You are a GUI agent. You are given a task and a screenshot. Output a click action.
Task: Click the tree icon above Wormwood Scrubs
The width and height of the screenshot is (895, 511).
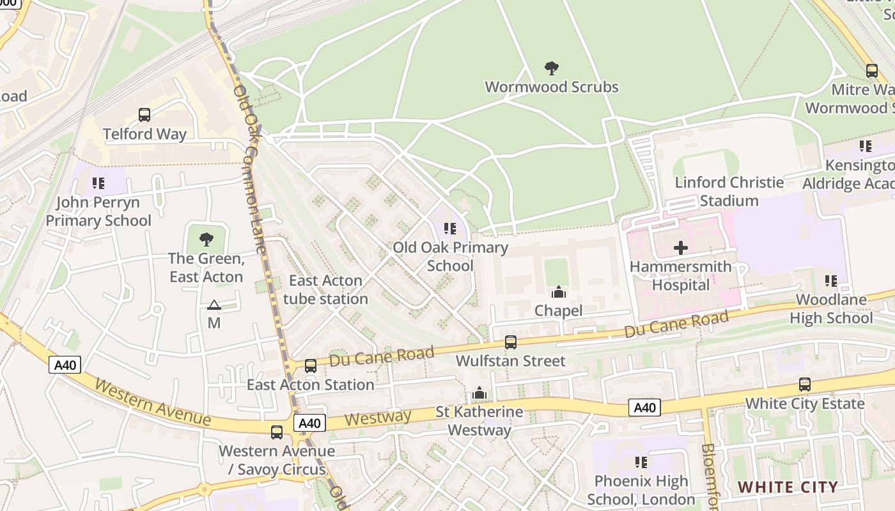[x=551, y=68]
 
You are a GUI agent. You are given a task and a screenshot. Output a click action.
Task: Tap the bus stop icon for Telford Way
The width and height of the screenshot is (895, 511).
[x=144, y=115]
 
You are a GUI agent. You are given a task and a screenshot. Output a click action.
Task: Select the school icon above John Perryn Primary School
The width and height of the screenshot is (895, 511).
[x=98, y=183]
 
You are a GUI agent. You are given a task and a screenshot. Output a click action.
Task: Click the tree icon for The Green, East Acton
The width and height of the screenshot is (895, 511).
[x=206, y=240]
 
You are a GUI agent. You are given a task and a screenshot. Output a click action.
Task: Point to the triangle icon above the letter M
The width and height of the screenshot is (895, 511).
[x=214, y=305]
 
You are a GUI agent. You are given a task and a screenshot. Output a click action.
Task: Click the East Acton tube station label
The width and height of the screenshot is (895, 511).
[x=325, y=289]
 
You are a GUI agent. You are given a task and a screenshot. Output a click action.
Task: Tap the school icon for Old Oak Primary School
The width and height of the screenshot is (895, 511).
[x=450, y=228]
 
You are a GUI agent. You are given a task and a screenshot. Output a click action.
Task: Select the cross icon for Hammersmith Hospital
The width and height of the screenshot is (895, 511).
[x=681, y=247]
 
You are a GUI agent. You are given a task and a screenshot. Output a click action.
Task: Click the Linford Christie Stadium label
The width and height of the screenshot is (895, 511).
[x=729, y=192]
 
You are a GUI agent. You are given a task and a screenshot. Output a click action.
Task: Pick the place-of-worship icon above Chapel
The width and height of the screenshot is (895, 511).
[x=559, y=292]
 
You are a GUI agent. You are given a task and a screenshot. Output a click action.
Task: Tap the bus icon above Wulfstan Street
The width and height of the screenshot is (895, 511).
[x=510, y=342]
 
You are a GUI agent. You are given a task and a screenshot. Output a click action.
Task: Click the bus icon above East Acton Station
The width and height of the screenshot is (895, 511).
[x=311, y=366]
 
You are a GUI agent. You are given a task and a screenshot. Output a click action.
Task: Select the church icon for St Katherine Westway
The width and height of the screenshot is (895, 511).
[x=479, y=393]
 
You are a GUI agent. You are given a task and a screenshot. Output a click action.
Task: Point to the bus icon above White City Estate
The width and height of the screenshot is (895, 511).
[x=805, y=385]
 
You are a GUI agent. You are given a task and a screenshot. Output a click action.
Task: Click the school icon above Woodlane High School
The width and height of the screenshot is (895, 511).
[x=830, y=280]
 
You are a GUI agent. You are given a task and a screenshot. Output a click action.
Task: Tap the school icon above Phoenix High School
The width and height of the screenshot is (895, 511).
[x=641, y=462]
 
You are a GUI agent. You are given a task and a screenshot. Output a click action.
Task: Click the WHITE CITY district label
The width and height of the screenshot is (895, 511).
[x=788, y=487]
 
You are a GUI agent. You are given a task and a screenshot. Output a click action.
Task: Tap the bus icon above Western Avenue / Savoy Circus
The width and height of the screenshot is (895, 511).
[x=277, y=432]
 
